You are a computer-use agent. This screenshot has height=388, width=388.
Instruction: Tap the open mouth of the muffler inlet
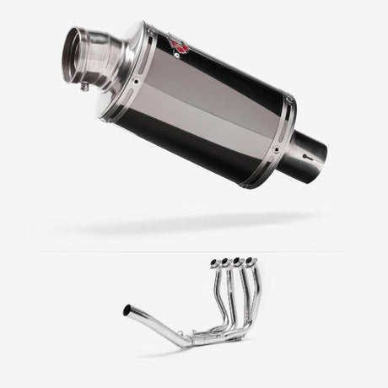click(x=73, y=56)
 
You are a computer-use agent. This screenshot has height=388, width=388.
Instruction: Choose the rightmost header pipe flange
click(x=252, y=262)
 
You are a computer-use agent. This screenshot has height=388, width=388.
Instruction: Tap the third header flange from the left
click(x=241, y=262)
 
